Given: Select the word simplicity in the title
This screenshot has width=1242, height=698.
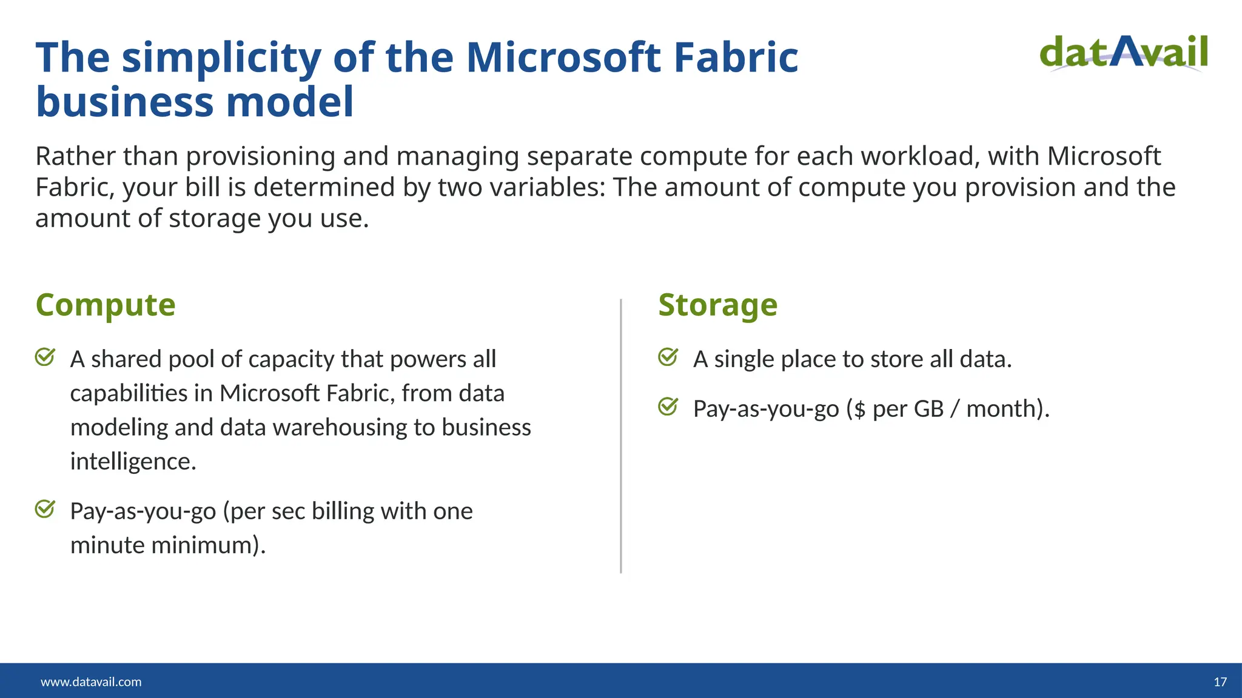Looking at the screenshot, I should pyautogui.click(x=221, y=58).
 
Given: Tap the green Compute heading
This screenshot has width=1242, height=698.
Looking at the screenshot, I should pyautogui.click(x=106, y=305).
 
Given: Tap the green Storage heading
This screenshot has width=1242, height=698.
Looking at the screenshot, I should pyautogui.click(x=717, y=305).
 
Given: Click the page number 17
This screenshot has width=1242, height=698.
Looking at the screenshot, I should pyautogui.click(x=1220, y=682).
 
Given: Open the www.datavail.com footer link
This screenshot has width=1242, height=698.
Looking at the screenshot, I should pyautogui.click(x=91, y=682).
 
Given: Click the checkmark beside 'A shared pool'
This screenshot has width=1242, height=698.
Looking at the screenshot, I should pyautogui.click(x=45, y=357).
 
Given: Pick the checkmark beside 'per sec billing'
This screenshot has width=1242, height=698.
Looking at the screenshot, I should pyautogui.click(x=45, y=509).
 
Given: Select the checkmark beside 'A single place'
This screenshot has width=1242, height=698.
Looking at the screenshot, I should pyautogui.click(x=668, y=357).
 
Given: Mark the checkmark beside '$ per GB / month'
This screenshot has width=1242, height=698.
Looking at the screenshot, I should pyautogui.click(x=668, y=407).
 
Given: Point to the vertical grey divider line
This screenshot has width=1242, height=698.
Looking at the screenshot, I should pyautogui.click(x=621, y=436).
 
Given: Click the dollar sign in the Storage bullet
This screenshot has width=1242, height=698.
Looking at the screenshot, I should pyautogui.click(x=859, y=410).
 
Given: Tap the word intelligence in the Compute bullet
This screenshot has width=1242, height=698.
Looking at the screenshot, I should pyautogui.click(x=133, y=462).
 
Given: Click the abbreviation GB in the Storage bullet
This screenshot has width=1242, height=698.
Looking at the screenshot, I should pyautogui.click(x=928, y=409).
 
